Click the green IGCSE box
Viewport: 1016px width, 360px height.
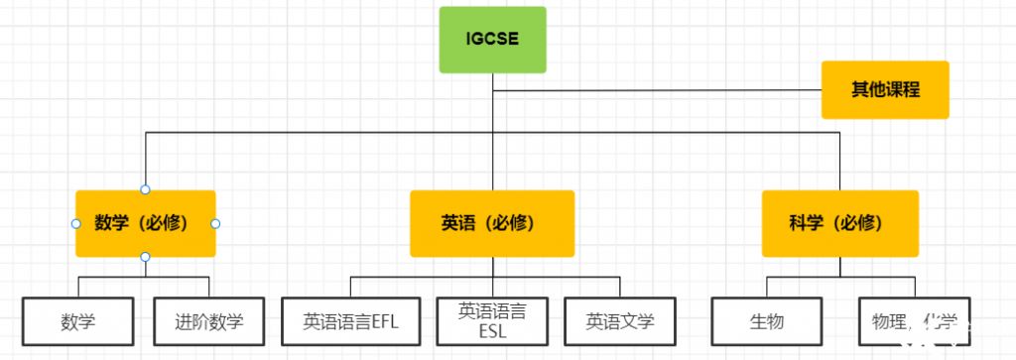click(x=492, y=40)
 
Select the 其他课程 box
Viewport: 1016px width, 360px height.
click(x=885, y=89)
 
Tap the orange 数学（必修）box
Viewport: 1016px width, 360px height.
click(x=145, y=223)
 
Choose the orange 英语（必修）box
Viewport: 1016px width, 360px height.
click(x=492, y=223)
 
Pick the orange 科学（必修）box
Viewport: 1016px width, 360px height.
click(x=839, y=223)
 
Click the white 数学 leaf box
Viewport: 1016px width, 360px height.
click(x=77, y=321)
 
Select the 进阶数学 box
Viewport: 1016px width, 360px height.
click(x=208, y=321)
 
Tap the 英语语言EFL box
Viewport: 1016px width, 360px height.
click(x=350, y=321)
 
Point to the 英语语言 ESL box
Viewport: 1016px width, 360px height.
click(x=492, y=321)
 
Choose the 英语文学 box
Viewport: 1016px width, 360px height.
click(x=620, y=321)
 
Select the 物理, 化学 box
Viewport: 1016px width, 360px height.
click(x=914, y=321)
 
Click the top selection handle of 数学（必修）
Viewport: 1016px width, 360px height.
click(x=145, y=189)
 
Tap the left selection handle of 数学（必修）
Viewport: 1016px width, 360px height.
click(x=75, y=223)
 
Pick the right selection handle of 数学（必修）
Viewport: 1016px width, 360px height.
click(x=215, y=223)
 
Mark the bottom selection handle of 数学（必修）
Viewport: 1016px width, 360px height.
click(x=145, y=257)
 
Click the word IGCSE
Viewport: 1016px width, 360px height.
click(x=492, y=40)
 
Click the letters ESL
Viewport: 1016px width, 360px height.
click(x=492, y=331)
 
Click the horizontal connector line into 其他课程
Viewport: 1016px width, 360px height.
click(x=655, y=91)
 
